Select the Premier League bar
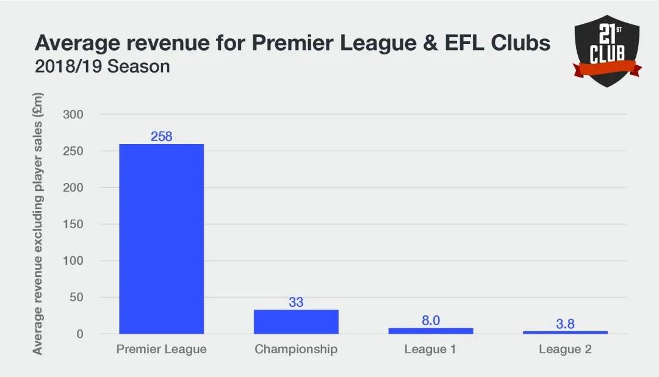(162, 239)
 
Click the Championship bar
(296, 322)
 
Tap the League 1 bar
(431, 331)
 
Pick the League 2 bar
(565, 332)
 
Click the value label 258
(162, 137)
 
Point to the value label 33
(296, 303)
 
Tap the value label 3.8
(565, 324)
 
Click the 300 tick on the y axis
(73, 115)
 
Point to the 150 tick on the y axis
(73, 224)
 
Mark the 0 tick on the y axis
(79, 334)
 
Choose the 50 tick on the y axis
(76, 298)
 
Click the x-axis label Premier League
(162, 350)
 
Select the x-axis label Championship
(296, 350)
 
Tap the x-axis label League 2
(565, 350)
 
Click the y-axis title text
(38, 223)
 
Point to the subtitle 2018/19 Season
(103, 66)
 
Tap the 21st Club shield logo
(607, 51)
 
